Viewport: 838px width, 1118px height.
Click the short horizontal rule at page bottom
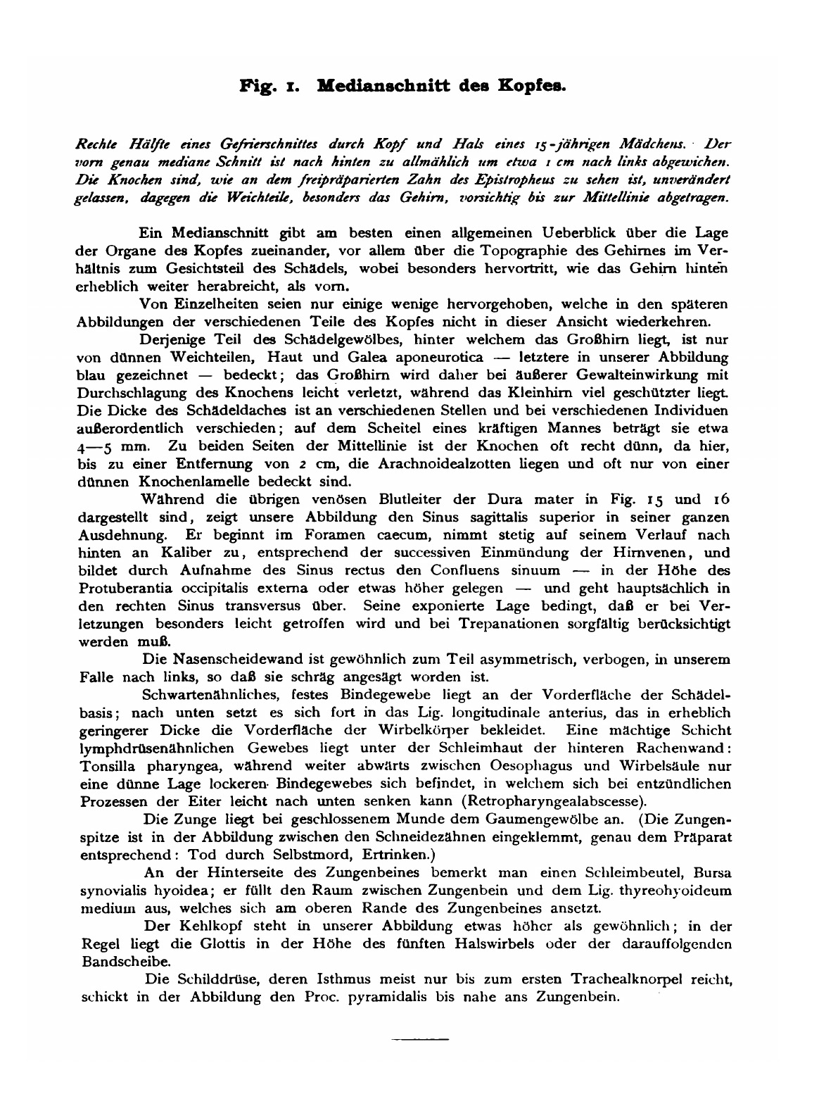(x=419, y=1038)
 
